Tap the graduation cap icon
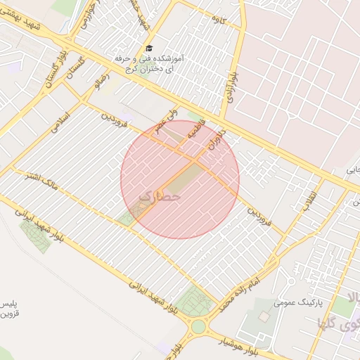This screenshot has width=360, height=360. point(148,48)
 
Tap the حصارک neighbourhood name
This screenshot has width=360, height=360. point(161,197)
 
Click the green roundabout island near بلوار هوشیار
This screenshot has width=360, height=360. point(199,326)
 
